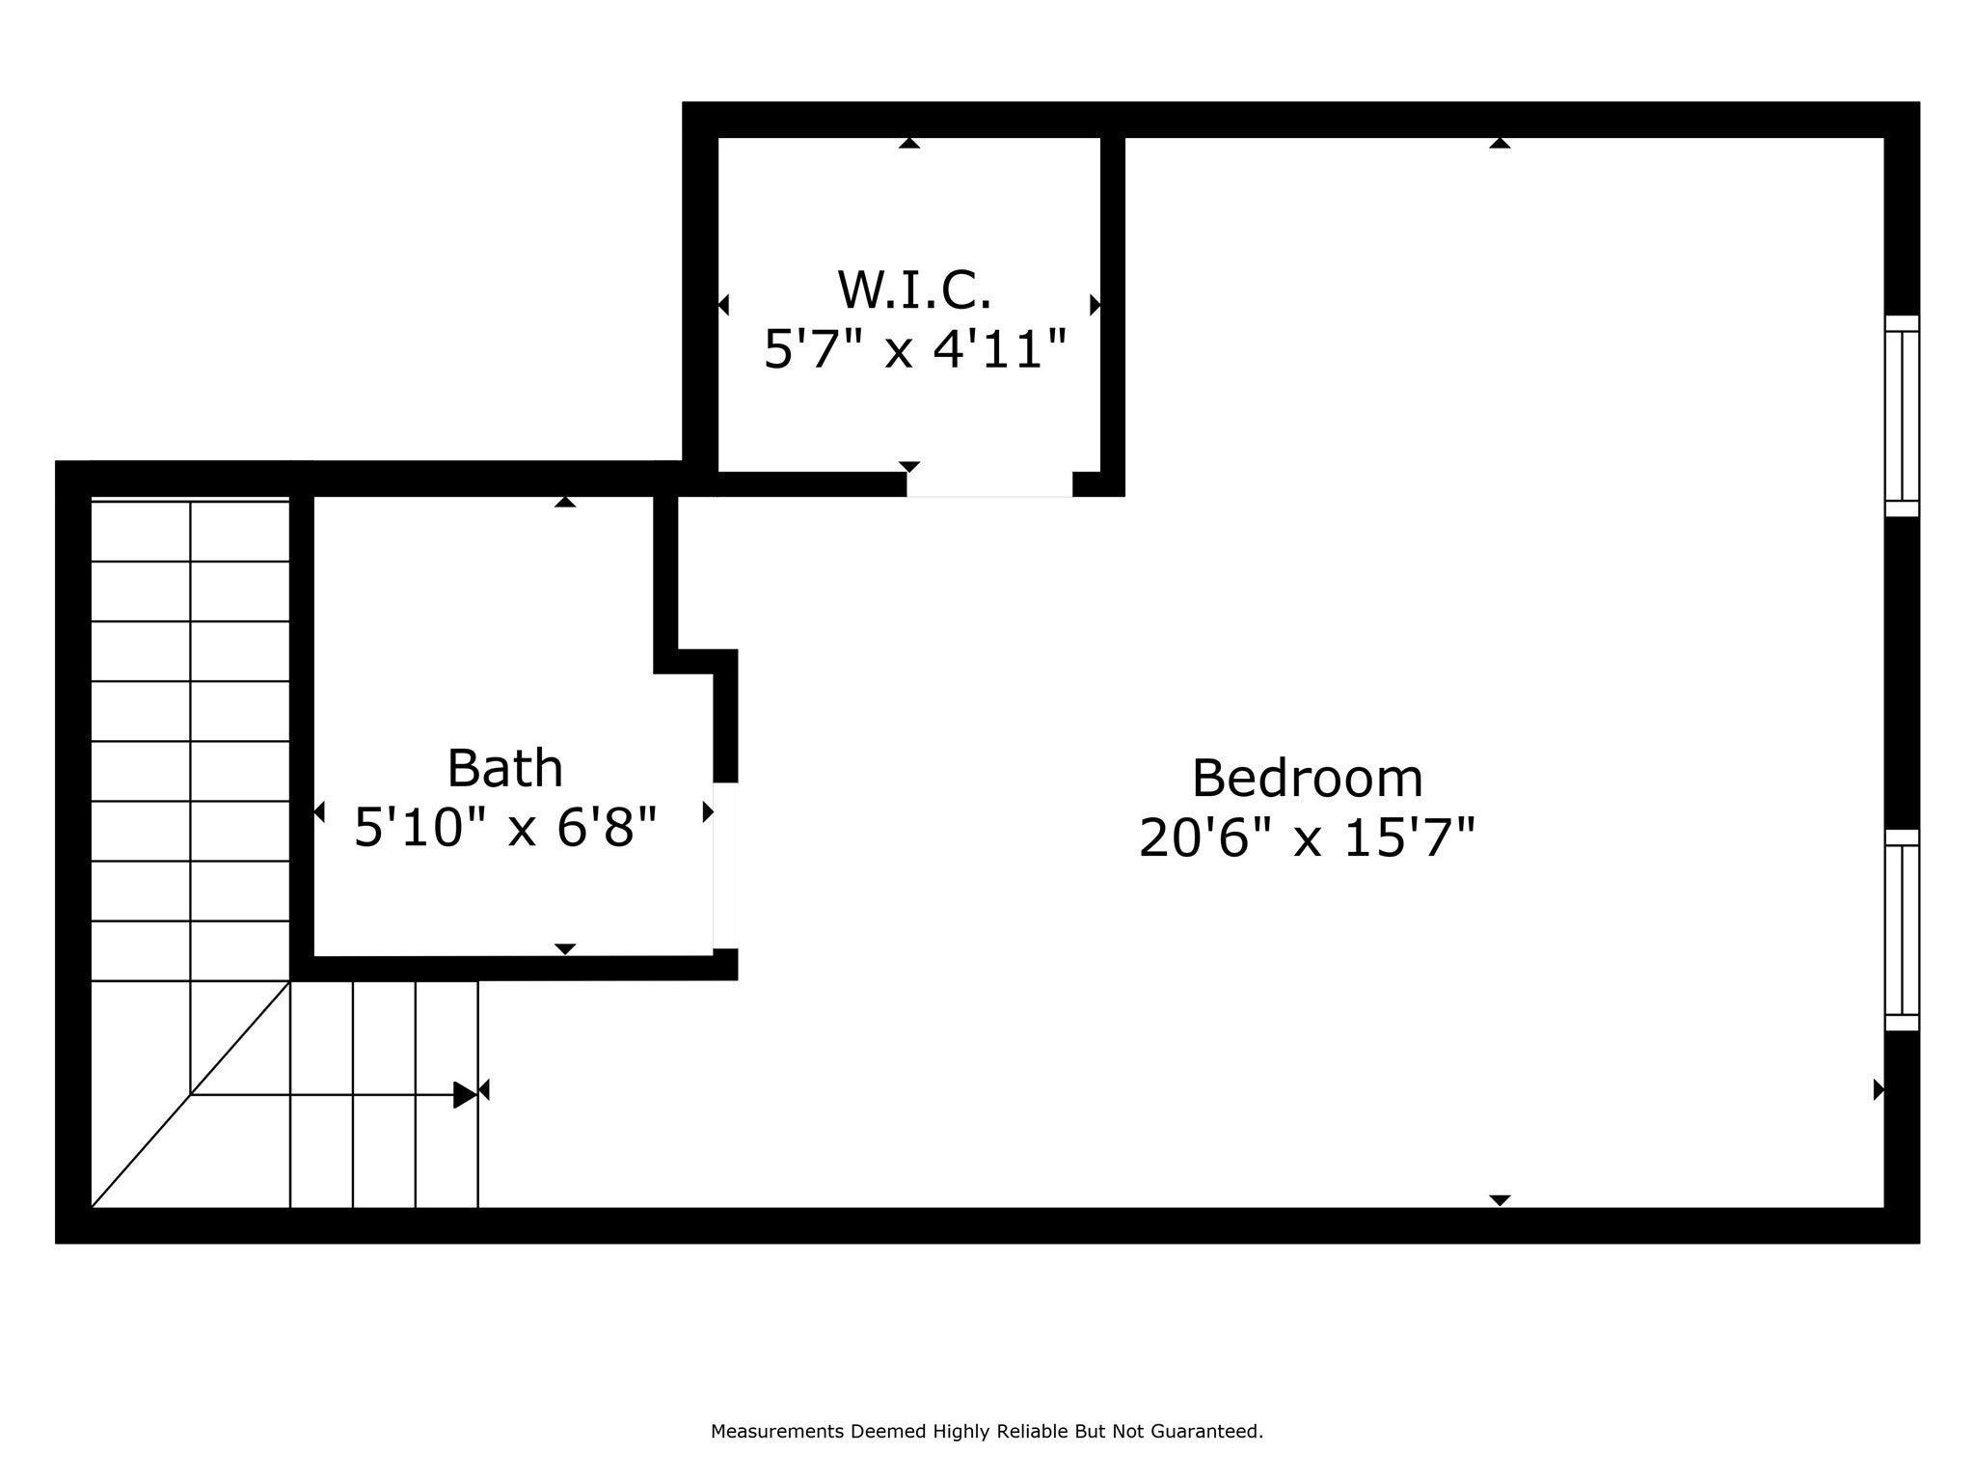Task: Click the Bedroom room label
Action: [x=1307, y=779]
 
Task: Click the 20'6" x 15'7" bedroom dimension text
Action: [x=1307, y=837]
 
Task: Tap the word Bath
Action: [x=504, y=769]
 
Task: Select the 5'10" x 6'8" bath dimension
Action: [x=504, y=828]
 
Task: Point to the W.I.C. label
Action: [x=913, y=289]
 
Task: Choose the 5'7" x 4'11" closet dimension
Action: [x=915, y=348]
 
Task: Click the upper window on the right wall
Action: [x=1902, y=416]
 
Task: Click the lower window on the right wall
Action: [x=1902, y=930]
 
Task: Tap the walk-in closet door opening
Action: [x=989, y=484]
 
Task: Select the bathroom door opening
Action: [x=725, y=865]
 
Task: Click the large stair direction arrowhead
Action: [x=464, y=1095]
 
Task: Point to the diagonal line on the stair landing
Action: [x=191, y=1094]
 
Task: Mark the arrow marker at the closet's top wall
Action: [x=908, y=144]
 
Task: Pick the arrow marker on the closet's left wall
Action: [x=723, y=305]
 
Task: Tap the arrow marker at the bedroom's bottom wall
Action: [x=1499, y=1199]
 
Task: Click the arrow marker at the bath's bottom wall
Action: [x=565, y=948]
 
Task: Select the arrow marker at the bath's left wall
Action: [x=319, y=812]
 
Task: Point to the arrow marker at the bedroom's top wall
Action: [x=1499, y=144]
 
